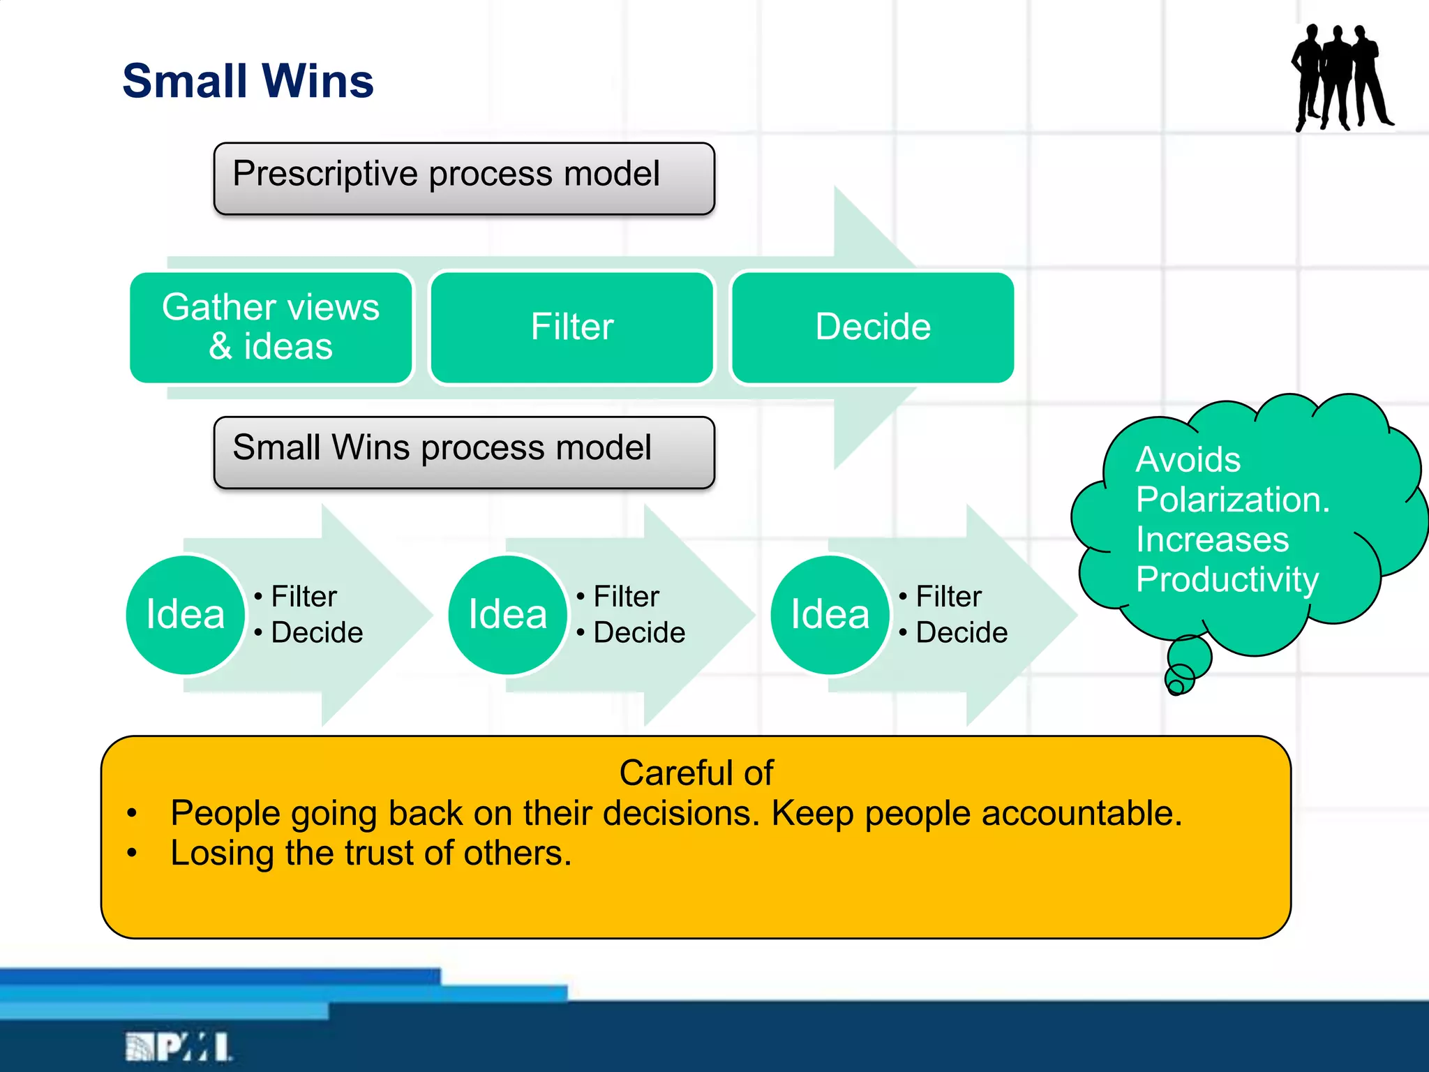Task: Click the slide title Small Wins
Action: click(248, 81)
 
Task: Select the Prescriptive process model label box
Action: click(464, 179)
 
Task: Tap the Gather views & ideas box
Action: click(271, 327)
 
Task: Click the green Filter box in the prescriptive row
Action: click(572, 327)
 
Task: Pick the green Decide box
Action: click(872, 327)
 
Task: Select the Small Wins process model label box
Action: click(464, 452)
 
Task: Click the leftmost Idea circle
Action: click(186, 615)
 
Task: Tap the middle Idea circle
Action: click(508, 615)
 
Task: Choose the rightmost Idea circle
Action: click(830, 615)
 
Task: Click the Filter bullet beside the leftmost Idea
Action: click(303, 597)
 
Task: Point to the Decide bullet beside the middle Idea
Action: click(638, 633)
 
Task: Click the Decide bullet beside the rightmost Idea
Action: click(960, 633)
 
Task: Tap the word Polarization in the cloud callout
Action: click(1232, 500)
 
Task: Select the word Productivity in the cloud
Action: click(1227, 579)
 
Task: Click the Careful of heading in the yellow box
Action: click(696, 773)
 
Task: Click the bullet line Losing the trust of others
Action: click(371, 854)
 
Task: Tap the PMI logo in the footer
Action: click(179, 1047)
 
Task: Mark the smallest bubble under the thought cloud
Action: click(1176, 687)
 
